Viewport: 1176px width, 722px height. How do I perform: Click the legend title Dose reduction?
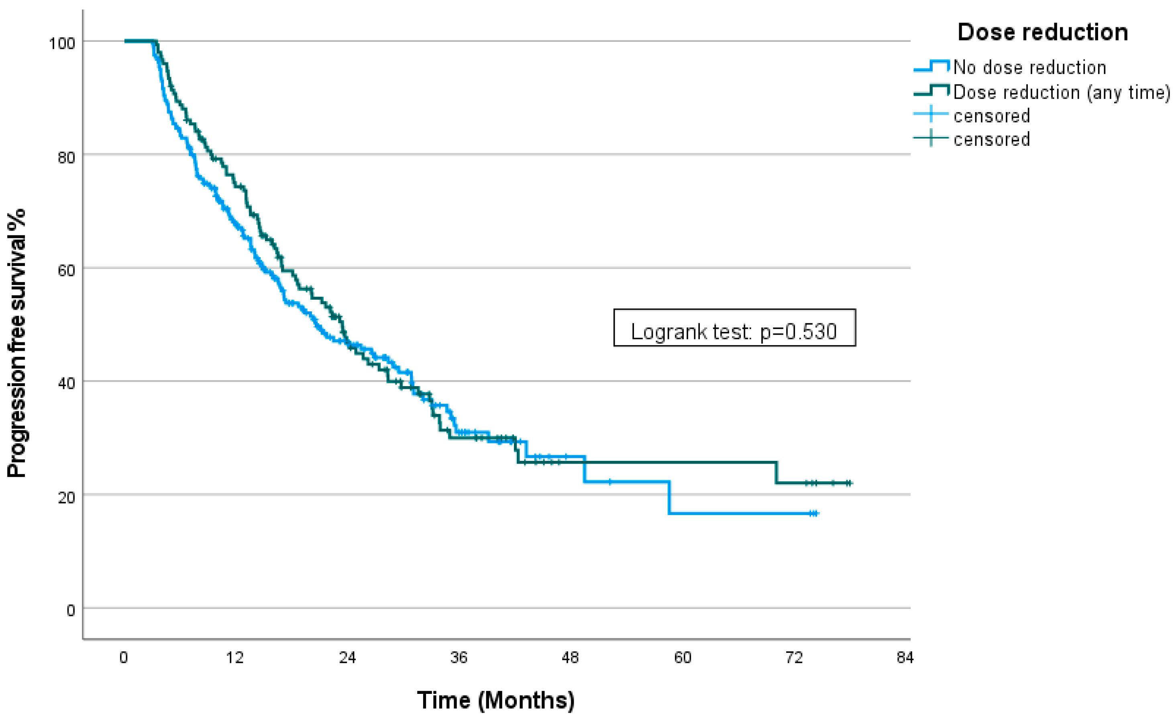pos(1042,33)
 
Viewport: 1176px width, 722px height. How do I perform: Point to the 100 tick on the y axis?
pos(62,43)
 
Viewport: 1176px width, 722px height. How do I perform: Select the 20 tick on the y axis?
pos(66,497)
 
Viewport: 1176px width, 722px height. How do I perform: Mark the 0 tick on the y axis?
pos(71,611)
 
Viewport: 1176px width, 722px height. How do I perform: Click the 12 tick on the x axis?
pos(234,658)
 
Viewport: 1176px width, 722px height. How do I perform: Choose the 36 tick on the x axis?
pos(459,658)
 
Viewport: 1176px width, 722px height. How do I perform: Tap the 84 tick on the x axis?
pos(905,658)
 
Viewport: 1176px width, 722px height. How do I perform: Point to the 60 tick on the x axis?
pos(683,658)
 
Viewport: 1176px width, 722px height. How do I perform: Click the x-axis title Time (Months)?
pos(495,700)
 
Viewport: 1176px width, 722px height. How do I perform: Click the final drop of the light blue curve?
pos(669,497)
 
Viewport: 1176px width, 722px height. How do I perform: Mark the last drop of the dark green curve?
pos(777,473)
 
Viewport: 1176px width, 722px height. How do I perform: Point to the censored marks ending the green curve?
pos(848,483)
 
